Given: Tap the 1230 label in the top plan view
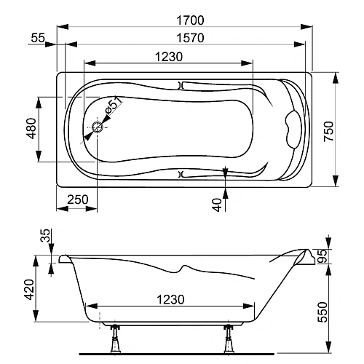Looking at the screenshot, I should coord(167,57).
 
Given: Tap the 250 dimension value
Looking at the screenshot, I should coord(76,199).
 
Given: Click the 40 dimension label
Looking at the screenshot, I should coord(216,205).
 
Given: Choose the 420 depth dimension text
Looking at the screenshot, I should coord(29,290).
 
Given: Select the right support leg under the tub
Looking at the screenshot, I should coord(229,340).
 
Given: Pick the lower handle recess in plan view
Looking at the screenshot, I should coord(182,174).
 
